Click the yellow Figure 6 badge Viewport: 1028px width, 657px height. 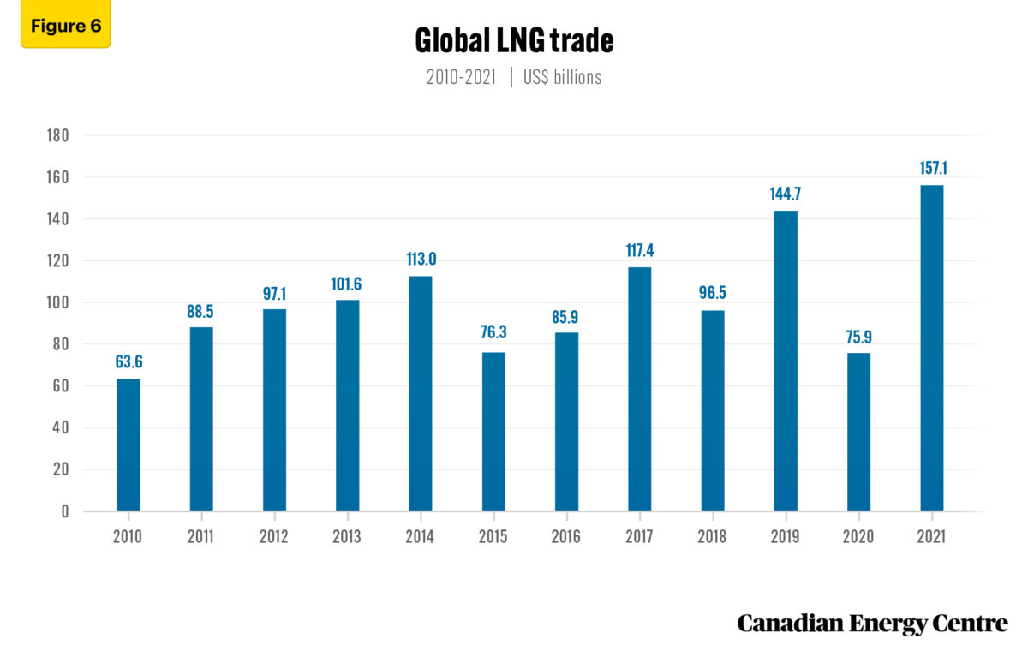[x=66, y=26]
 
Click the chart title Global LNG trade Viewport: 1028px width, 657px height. [x=514, y=40]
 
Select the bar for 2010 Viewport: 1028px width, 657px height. [x=128, y=445]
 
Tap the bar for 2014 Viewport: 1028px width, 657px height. [x=421, y=393]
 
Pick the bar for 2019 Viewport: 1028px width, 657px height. [x=786, y=361]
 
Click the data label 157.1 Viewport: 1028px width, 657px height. [x=931, y=169]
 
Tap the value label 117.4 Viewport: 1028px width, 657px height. [x=639, y=251]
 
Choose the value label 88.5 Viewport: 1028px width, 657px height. [x=201, y=311]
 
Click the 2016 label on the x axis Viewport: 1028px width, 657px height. [x=566, y=537]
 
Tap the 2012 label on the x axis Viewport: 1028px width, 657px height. [x=274, y=537]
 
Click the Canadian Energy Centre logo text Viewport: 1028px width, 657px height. [x=872, y=624]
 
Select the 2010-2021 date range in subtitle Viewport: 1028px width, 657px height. [x=461, y=77]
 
